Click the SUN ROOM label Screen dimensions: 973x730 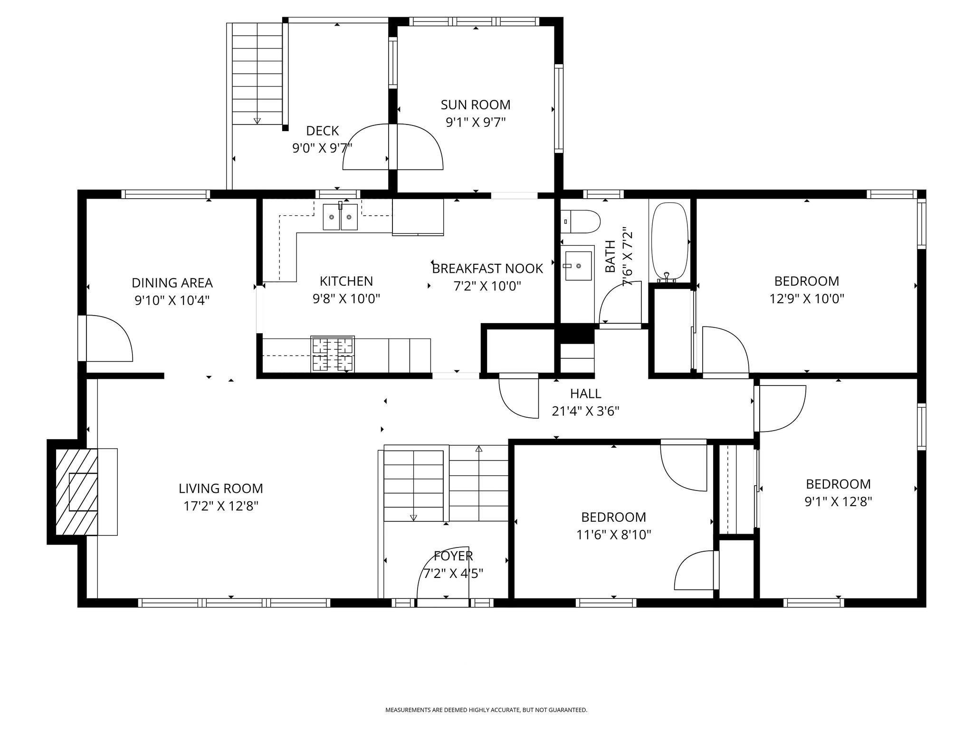point(476,105)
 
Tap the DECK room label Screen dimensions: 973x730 point(323,131)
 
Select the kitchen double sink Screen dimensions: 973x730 point(341,217)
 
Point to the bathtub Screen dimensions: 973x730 point(669,242)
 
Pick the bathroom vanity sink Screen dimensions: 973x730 point(578,266)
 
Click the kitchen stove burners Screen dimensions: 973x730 point(333,354)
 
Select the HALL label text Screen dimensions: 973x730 point(585,394)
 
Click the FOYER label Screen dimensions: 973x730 point(453,556)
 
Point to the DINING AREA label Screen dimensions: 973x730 point(172,283)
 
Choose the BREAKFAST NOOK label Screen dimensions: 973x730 point(487,269)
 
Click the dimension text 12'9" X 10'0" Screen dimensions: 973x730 point(807,299)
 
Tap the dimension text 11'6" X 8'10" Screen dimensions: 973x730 point(613,535)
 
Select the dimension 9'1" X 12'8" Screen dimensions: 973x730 point(838,502)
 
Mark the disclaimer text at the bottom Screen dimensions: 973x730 point(486,710)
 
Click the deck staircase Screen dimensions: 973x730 point(257,74)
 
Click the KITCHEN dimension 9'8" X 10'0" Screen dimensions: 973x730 point(346,299)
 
